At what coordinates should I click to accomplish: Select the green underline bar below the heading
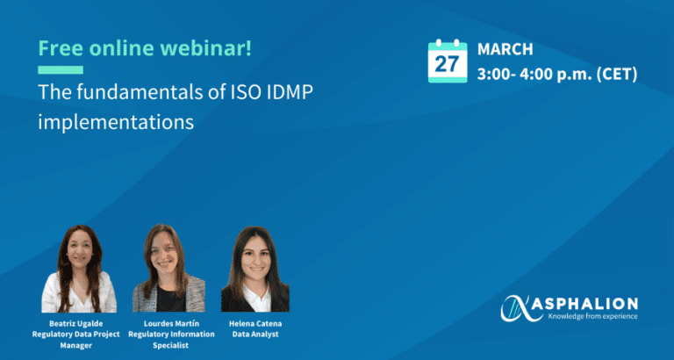(x=61, y=69)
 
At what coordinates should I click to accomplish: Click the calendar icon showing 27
(x=448, y=61)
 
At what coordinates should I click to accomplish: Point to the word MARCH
(x=505, y=49)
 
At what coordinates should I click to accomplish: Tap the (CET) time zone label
(x=614, y=75)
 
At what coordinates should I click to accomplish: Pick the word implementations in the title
(x=116, y=122)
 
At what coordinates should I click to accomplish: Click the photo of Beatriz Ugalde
(x=79, y=269)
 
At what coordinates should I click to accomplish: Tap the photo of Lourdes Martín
(x=168, y=268)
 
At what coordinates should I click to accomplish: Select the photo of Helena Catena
(x=255, y=269)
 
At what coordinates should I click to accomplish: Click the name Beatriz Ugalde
(x=76, y=323)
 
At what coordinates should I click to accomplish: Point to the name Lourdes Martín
(x=171, y=323)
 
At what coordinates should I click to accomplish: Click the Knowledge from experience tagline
(x=592, y=317)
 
